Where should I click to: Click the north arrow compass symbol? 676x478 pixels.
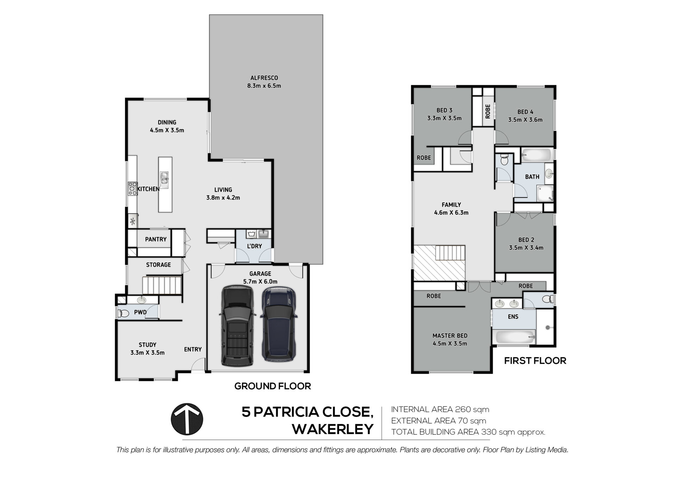187,419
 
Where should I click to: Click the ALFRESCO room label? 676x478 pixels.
264,78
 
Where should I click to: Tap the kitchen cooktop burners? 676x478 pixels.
132,188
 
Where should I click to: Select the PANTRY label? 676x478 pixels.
156,239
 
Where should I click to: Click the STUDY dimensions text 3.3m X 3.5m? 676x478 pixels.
148,352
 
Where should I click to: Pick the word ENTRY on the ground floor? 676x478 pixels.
193,349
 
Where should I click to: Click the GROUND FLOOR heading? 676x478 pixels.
273,386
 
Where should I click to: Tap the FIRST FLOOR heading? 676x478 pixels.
535,361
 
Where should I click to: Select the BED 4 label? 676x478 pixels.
525,112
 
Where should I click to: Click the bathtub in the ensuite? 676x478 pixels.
515,337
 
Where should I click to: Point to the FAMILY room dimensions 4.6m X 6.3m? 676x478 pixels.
451,212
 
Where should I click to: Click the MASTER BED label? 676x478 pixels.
450,336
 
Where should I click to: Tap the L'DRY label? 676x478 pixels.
254,246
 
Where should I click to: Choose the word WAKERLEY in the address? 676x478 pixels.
333,429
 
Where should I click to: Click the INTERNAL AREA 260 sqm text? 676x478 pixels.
440,409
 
